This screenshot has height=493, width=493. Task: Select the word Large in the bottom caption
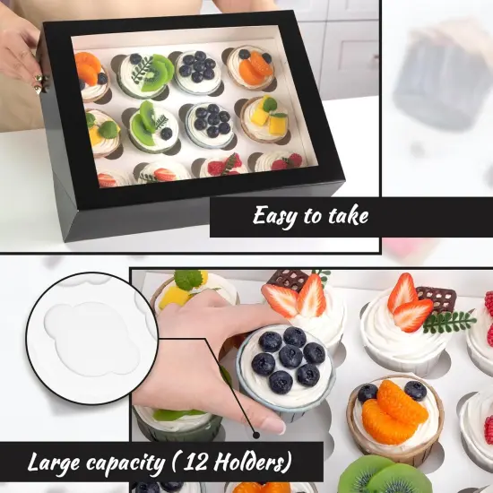point(53,463)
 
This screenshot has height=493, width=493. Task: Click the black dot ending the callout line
point(256,435)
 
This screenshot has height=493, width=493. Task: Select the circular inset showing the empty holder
point(92,338)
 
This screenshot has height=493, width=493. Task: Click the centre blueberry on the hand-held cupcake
point(290,356)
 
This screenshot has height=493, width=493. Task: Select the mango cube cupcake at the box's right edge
point(265,119)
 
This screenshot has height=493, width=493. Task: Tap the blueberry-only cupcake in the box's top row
point(197,73)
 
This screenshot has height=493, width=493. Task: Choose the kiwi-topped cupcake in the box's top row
point(146,74)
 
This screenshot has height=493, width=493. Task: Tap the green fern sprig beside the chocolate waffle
point(448,321)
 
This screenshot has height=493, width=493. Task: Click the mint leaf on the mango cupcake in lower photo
point(188,279)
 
